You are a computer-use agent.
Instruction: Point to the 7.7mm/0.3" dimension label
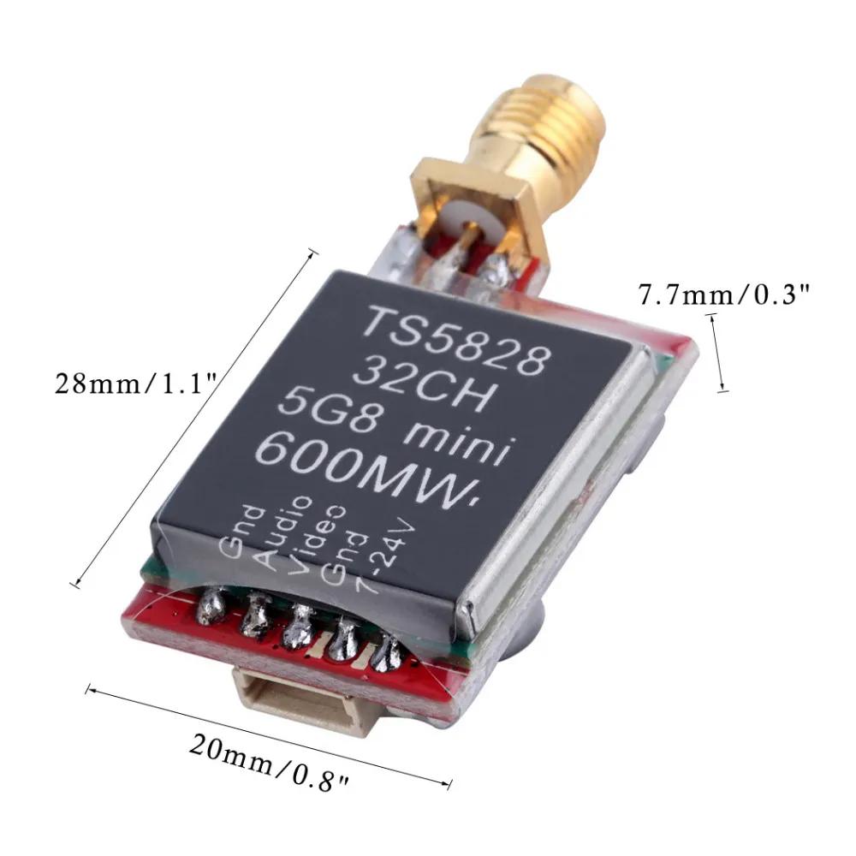pyautogui.click(x=724, y=296)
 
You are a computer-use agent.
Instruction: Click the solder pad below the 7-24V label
pyautogui.click(x=388, y=654)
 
